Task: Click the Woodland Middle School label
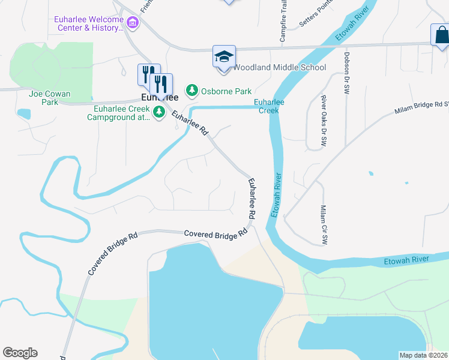(279, 68)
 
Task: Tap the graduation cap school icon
(224, 57)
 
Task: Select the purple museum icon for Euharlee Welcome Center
(133, 23)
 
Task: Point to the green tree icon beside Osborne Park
(192, 91)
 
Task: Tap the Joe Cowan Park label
(49, 98)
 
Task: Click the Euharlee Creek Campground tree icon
(159, 112)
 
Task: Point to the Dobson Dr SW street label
(346, 73)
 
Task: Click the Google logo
(20, 353)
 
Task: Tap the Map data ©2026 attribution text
(423, 355)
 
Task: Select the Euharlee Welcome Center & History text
(89, 23)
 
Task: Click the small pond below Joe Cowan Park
(24, 113)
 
